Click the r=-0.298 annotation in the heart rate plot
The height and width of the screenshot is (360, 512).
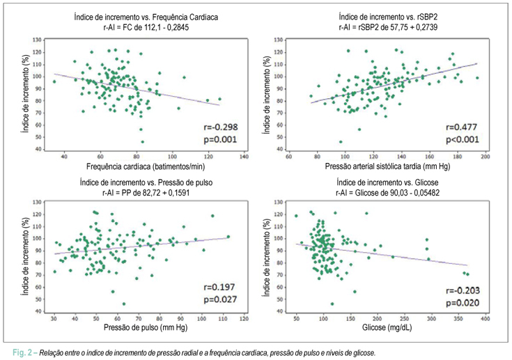pyautogui.click(x=220, y=127)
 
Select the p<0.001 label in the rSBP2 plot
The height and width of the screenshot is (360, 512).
pyautogui.click(x=463, y=140)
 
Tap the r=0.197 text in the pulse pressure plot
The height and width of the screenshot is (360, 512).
pyautogui.click(x=219, y=287)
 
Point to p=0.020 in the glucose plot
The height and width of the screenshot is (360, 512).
pyautogui.click(x=463, y=303)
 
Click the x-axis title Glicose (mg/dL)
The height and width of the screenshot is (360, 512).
pyautogui.click(x=387, y=327)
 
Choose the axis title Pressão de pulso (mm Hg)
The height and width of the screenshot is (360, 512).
pyautogui.click(x=146, y=327)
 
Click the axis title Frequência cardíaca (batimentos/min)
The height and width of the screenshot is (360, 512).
pyautogui.click(x=146, y=167)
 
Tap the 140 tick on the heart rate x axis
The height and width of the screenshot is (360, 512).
pyautogui.click(x=244, y=157)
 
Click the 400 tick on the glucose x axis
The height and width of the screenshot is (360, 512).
pyautogui.click(x=486, y=319)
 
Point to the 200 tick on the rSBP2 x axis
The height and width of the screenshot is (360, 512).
pyautogui.click(x=486, y=157)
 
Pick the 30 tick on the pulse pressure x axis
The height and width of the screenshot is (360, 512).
pyautogui.click(x=54, y=319)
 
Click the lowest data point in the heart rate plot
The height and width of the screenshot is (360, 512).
pyautogui.click(x=142, y=142)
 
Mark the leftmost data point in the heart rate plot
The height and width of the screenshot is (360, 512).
pyautogui.click(x=54, y=81)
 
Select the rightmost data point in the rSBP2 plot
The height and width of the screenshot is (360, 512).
pyautogui.click(x=477, y=78)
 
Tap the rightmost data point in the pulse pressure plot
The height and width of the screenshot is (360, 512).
pyautogui.click(x=228, y=237)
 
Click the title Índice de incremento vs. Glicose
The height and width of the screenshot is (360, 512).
pyautogui.click(x=387, y=182)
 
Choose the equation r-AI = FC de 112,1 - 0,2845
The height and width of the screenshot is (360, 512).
pyautogui.click(x=146, y=27)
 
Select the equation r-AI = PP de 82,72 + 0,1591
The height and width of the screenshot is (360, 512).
pyautogui.click(x=146, y=193)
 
